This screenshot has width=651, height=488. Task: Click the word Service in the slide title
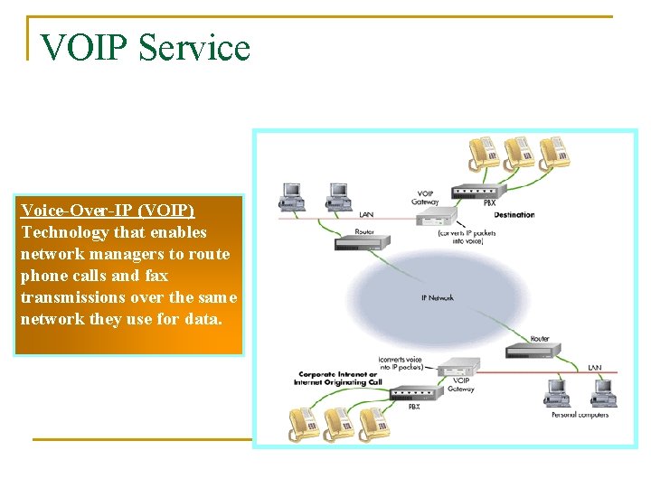coord(194,47)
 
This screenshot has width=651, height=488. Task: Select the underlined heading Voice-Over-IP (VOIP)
coord(108,211)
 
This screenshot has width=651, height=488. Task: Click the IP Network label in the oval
coord(438,297)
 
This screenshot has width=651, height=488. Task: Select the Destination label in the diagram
coord(514,215)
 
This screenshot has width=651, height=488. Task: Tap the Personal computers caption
coord(580,415)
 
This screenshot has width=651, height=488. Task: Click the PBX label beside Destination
coord(489,203)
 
